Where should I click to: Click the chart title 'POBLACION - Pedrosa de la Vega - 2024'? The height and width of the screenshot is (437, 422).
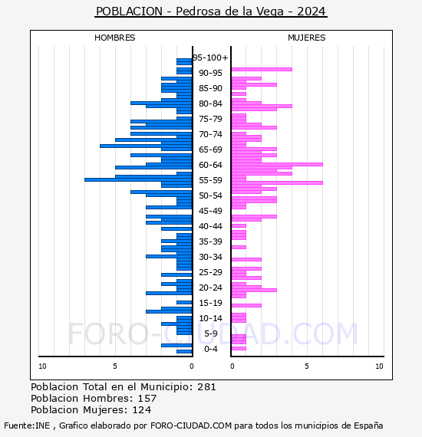click(211, 11)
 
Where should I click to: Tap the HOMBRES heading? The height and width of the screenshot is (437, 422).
click(114, 38)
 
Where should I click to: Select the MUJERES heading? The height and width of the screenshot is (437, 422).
click(307, 38)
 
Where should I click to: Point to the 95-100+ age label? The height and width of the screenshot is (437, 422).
click(210, 58)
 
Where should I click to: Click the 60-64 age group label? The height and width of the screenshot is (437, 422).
click(210, 165)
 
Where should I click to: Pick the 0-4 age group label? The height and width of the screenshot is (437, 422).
click(211, 349)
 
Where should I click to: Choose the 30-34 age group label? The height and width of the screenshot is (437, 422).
click(210, 257)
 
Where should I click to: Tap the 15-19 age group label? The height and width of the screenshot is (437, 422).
click(210, 303)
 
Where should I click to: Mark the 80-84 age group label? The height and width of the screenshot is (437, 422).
click(210, 103)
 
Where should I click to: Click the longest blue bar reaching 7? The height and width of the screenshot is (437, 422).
click(138, 179)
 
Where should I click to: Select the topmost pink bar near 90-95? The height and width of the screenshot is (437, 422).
click(262, 70)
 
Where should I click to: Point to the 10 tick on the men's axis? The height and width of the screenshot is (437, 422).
click(42, 366)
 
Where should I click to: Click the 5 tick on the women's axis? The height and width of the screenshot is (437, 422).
click(307, 366)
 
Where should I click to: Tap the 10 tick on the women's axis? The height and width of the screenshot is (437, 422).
click(379, 366)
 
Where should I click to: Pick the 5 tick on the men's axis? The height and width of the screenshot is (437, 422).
click(115, 366)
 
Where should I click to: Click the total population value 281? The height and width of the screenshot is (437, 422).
click(206, 387)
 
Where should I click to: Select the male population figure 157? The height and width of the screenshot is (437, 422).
click(147, 399)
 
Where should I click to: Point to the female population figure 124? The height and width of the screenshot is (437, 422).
click(142, 410)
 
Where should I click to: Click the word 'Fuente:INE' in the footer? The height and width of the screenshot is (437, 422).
click(27, 426)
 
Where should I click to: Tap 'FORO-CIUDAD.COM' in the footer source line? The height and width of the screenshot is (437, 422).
click(191, 426)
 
